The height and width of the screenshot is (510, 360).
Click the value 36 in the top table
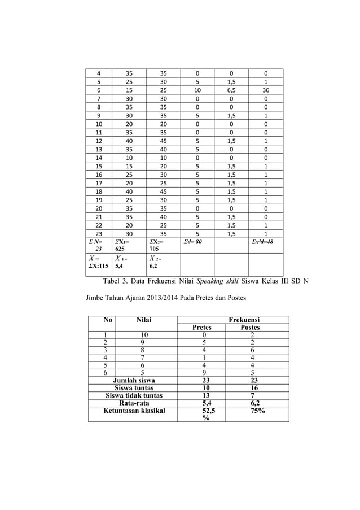point(265,89)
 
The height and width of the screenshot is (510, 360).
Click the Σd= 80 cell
point(194,242)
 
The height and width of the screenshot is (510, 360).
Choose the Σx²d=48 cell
point(263,242)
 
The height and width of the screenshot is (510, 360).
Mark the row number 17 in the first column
point(99,183)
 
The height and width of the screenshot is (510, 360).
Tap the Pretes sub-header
point(202,328)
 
